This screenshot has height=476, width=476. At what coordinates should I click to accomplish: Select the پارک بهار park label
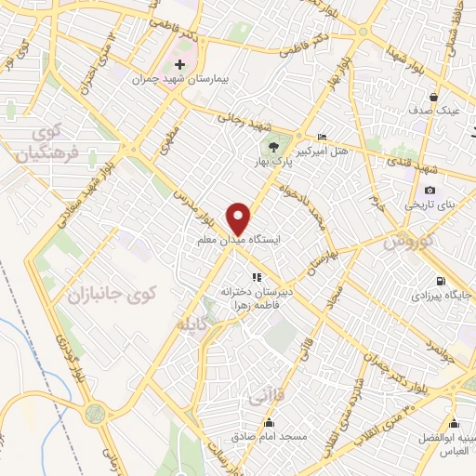pyautogui.click(x=275, y=161)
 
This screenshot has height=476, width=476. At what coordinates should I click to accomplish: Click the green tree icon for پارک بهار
pyautogui.click(x=274, y=144)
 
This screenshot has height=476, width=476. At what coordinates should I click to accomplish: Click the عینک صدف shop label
pyautogui.click(x=433, y=111)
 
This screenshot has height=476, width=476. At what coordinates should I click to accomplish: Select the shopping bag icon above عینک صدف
pyautogui.click(x=433, y=96)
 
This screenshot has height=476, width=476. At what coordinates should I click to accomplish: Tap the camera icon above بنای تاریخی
pyautogui.click(x=430, y=190)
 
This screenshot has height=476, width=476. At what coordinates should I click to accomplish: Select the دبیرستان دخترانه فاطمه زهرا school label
pyautogui.click(x=257, y=297)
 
